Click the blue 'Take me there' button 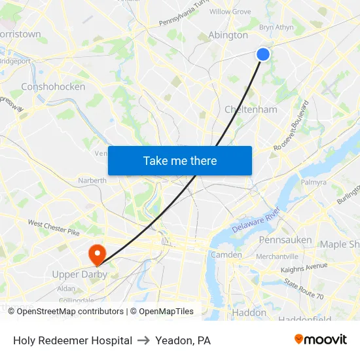click(180, 160)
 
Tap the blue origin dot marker click(262, 54)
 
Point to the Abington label click(228, 35)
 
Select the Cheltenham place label click(251, 109)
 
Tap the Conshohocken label click(53, 86)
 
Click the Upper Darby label click(79, 274)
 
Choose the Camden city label click(226, 255)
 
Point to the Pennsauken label click(285, 240)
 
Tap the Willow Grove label click(230, 12)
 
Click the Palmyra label click(314, 182)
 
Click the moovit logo click(320, 339)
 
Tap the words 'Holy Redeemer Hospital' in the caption click(73, 340)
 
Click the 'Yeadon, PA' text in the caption click(183, 340)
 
